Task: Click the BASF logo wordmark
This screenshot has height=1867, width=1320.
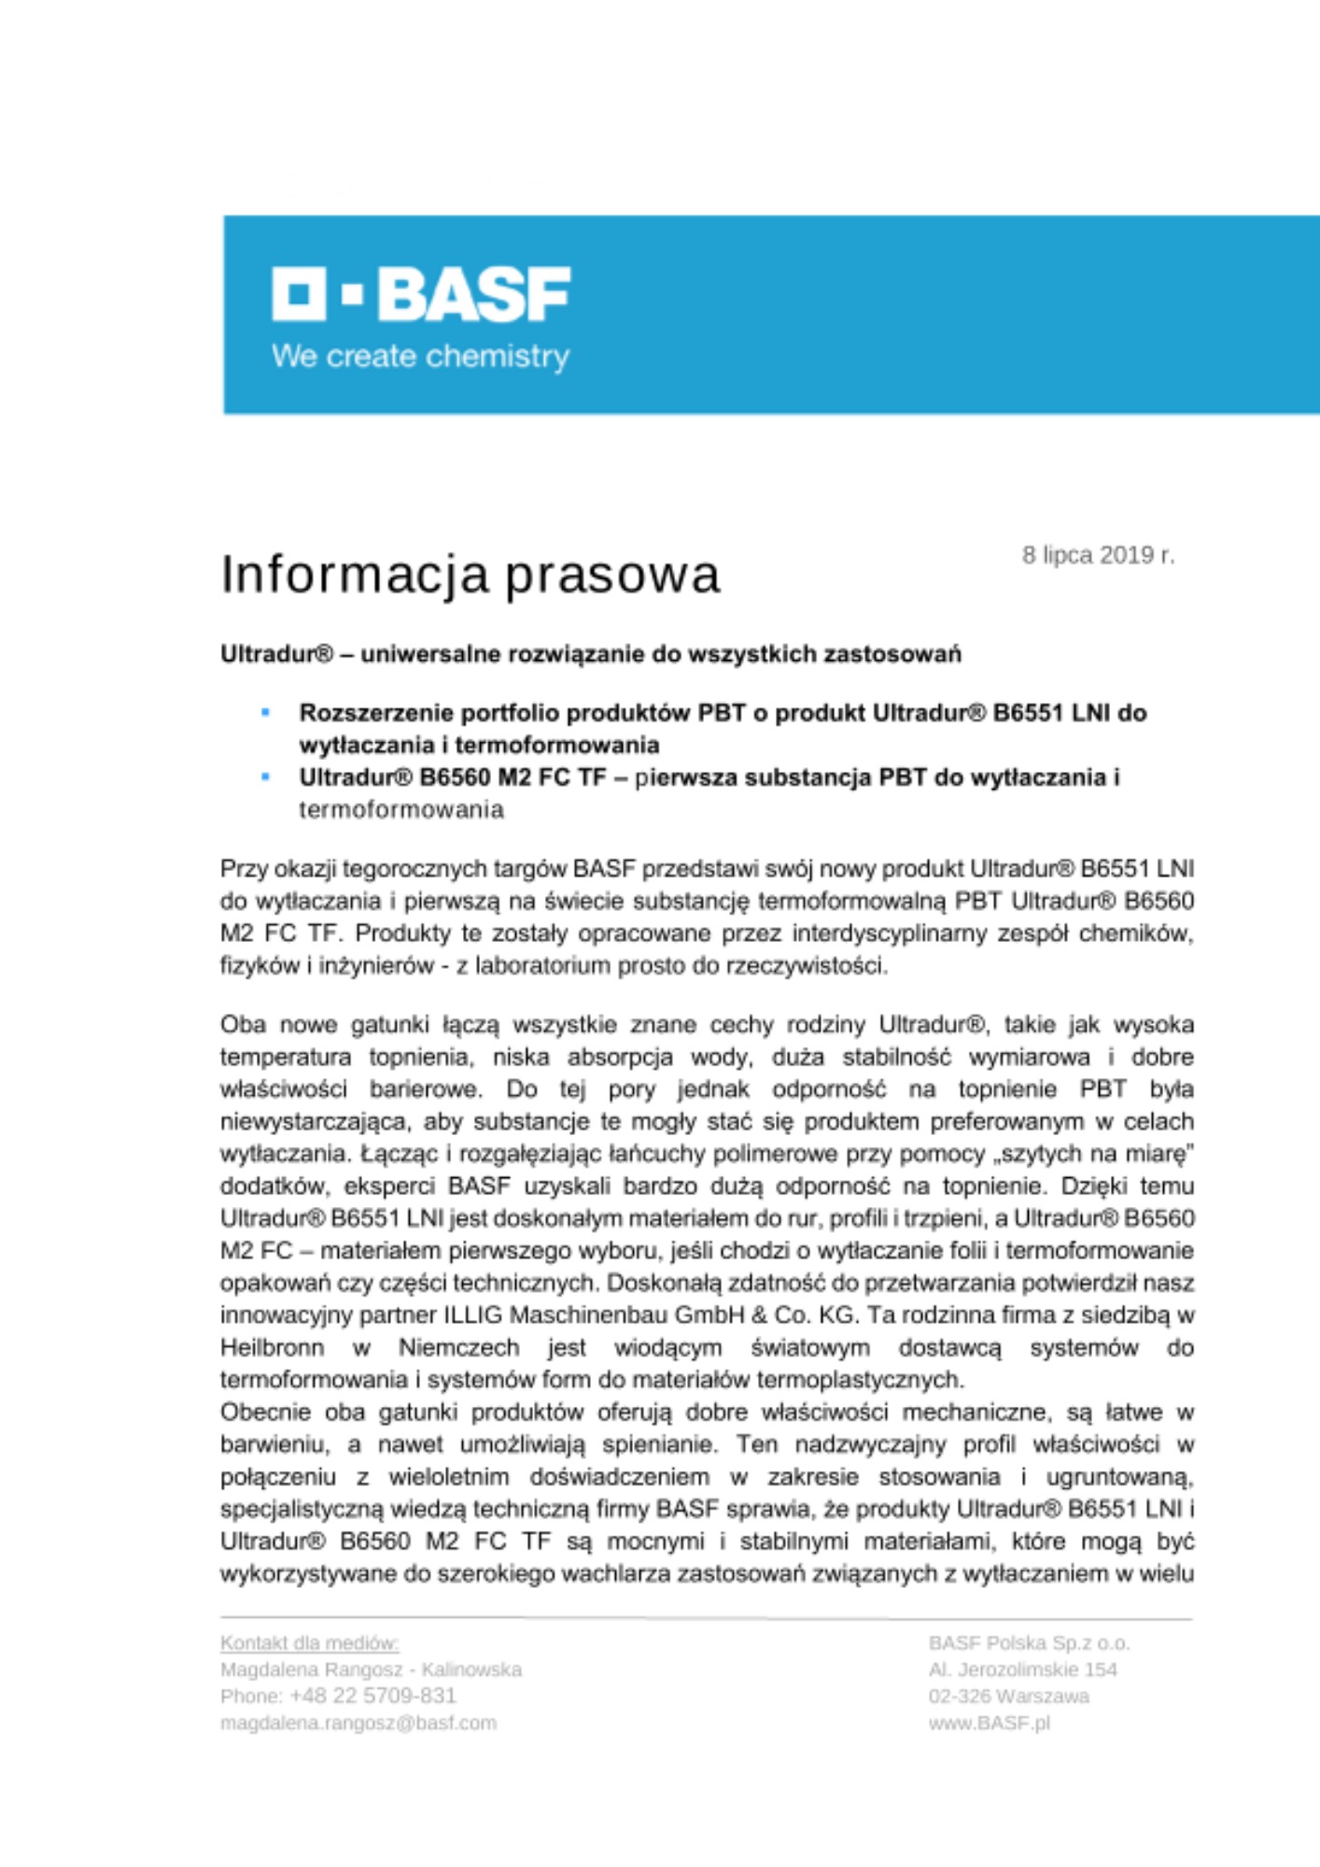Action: coord(474,294)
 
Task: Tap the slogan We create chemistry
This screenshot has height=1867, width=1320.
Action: coord(420,357)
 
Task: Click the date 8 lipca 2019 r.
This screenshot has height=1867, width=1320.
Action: coord(1098,555)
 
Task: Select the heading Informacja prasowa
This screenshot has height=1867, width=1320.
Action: coord(470,574)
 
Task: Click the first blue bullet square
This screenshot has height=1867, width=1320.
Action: coord(266,713)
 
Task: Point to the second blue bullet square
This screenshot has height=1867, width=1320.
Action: coord(266,777)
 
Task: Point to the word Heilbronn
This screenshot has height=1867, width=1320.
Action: coord(272,1348)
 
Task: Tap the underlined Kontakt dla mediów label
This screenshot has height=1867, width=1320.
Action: coord(309,1643)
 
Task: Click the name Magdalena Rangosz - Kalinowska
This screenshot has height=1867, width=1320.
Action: coord(371,1670)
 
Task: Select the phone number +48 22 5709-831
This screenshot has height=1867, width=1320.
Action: coord(372,1696)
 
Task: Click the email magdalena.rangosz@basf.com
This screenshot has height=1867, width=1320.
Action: coord(358,1723)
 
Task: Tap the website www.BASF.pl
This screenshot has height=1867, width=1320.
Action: coord(989,1723)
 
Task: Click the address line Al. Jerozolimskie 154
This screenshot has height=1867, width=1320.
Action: coord(1022,1670)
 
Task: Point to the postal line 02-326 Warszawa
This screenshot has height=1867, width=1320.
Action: coord(1008,1696)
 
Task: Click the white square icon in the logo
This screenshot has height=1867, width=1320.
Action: coord(299,293)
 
